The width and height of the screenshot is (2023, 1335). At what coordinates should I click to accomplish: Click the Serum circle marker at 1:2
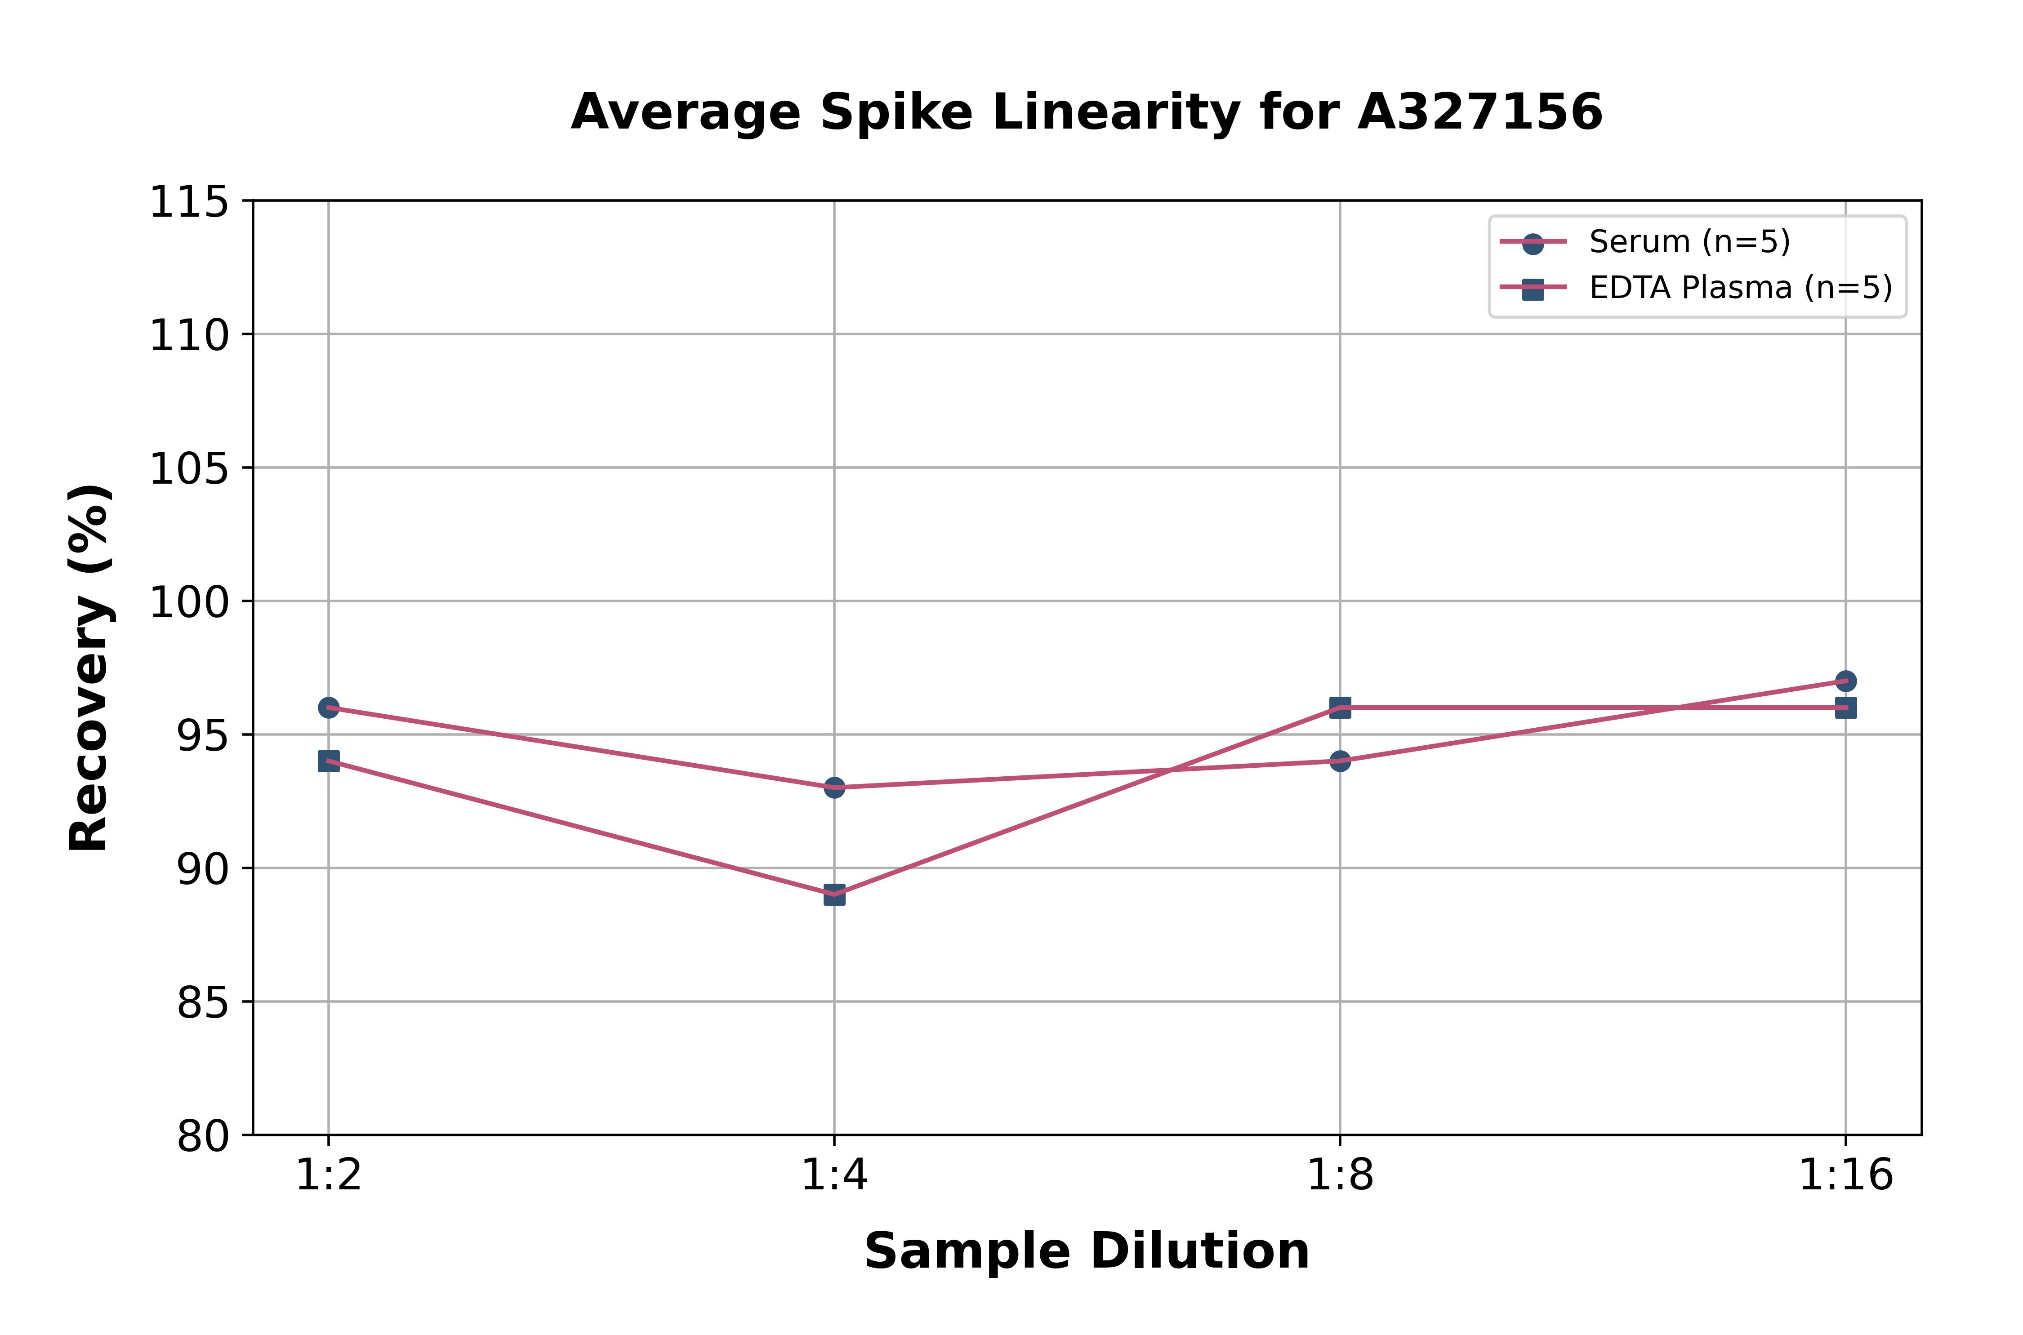(329, 708)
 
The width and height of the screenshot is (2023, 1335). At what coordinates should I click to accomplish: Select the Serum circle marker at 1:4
(834, 788)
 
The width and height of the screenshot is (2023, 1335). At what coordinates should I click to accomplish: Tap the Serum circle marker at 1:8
(1340, 760)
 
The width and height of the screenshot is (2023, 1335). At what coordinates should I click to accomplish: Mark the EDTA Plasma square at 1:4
(834, 895)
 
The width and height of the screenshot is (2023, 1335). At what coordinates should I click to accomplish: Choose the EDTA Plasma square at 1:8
(1340, 708)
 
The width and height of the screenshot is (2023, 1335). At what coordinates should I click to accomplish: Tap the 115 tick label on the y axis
(189, 203)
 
